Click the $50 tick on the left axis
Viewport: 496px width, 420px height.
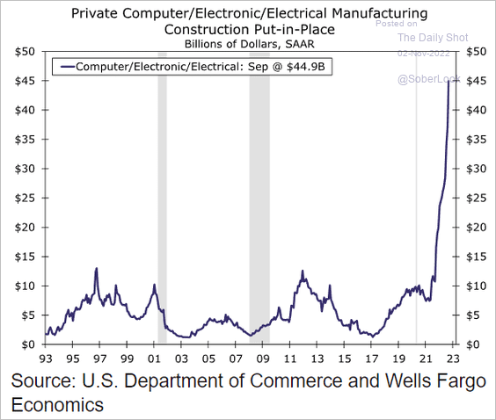coord(24,52)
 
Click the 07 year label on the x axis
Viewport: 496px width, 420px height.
coord(235,358)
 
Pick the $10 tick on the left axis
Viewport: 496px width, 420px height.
coord(24,286)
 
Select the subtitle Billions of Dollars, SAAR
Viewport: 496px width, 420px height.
coord(249,43)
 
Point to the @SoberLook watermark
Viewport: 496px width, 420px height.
coord(426,79)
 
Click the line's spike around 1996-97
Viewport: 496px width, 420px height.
coord(96,269)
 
